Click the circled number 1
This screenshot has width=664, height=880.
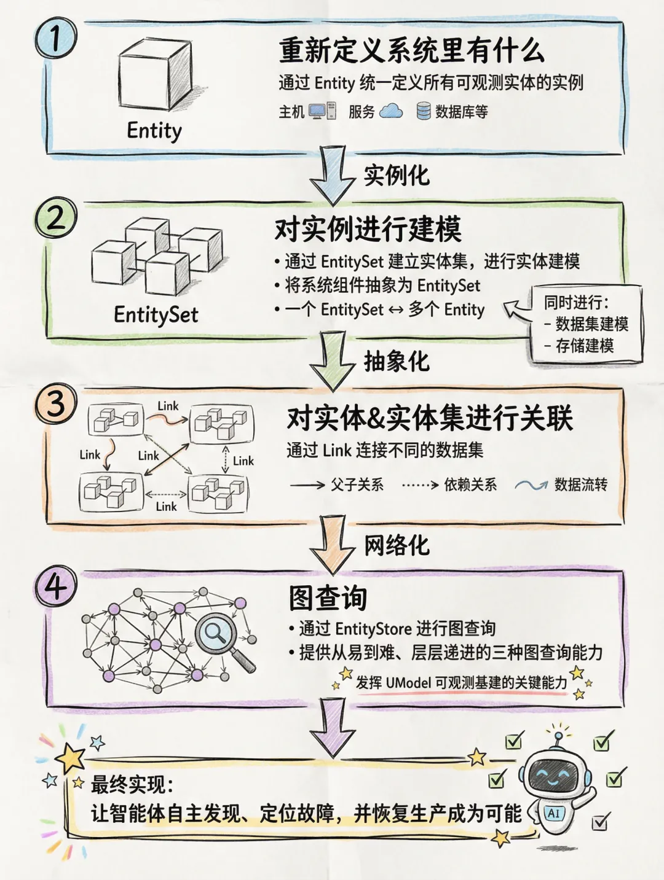(56, 38)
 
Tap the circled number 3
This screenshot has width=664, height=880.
(55, 405)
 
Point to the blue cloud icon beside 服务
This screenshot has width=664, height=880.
(391, 111)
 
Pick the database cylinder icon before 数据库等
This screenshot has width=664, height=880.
(424, 111)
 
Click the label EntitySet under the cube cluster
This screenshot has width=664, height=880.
(156, 314)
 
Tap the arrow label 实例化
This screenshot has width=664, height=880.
(396, 176)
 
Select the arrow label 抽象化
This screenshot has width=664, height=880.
(396, 361)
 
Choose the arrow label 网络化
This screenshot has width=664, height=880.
(396, 545)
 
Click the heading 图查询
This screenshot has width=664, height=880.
(328, 598)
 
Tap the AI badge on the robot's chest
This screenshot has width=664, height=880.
(554, 814)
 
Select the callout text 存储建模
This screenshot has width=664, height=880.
(584, 346)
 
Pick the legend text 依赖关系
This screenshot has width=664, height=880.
(470, 485)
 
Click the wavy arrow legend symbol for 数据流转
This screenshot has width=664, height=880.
(531, 485)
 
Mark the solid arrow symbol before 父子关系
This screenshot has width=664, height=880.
(307, 485)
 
